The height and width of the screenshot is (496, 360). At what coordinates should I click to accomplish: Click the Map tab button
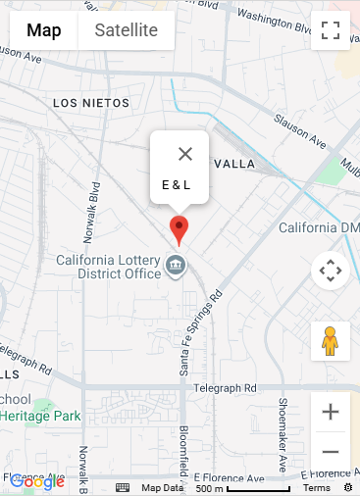(x=44, y=30)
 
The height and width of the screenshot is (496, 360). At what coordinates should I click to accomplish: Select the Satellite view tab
(x=126, y=30)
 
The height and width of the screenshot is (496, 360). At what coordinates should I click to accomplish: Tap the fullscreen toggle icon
(x=331, y=30)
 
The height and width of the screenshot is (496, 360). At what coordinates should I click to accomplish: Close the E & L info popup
(x=185, y=154)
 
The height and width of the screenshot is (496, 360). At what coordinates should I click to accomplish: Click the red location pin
(x=179, y=228)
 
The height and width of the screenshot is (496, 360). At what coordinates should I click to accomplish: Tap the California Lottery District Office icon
(x=177, y=265)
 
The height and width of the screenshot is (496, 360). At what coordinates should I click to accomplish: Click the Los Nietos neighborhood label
(x=91, y=103)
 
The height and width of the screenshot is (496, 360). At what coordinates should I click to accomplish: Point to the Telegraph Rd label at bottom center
(x=225, y=388)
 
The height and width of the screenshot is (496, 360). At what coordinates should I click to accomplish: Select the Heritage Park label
(x=41, y=416)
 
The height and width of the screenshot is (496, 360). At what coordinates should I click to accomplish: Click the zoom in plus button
(x=331, y=412)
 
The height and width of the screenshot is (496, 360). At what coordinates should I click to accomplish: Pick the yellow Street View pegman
(x=331, y=341)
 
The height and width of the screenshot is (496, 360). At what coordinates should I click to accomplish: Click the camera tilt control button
(x=331, y=270)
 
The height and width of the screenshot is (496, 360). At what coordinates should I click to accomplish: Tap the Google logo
(x=37, y=481)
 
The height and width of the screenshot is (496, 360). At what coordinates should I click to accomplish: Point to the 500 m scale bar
(x=243, y=488)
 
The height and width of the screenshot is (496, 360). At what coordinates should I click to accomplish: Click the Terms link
(x=317, y=488)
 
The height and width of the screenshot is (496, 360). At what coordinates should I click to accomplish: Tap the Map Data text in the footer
(x=162, y=488)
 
